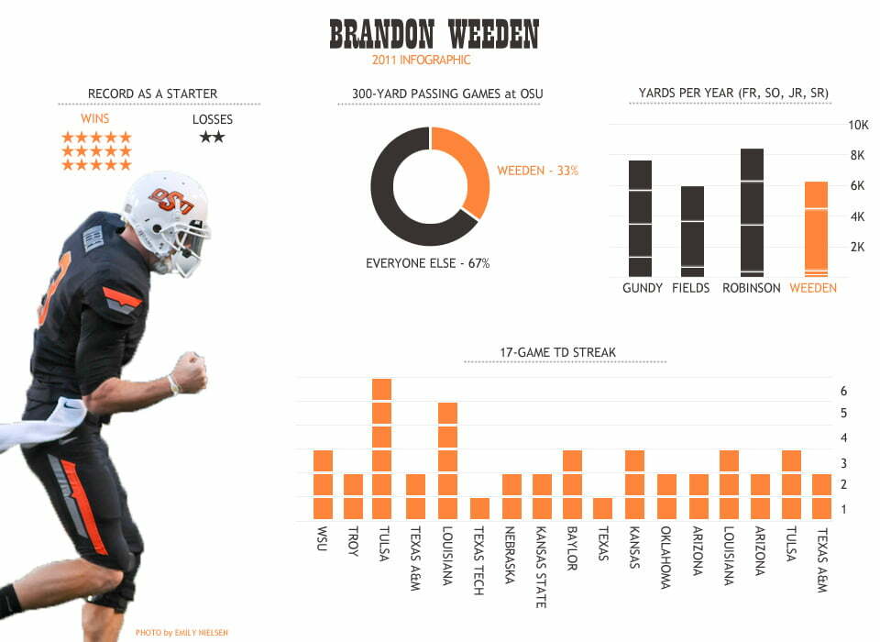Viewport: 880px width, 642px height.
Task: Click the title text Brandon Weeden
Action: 434,34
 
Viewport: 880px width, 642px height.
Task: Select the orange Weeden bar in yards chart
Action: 816,229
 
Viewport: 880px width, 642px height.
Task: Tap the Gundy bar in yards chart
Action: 640,218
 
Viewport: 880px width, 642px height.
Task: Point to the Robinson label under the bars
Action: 751,288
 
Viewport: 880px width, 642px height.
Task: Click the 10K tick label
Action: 858,126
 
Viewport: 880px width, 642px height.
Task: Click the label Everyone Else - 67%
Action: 428,263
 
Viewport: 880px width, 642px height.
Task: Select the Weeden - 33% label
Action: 538,171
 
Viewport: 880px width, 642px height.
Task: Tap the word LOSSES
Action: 212,119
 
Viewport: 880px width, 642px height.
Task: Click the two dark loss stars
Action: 212,137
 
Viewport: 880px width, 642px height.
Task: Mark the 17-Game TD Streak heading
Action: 558,353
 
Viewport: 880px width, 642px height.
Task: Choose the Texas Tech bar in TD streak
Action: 479,508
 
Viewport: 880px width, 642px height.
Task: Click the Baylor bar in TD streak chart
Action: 572,484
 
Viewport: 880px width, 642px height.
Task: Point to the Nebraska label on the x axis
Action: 510,555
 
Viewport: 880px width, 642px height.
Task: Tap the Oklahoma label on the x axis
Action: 665,558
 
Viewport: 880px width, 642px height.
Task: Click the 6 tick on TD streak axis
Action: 843,391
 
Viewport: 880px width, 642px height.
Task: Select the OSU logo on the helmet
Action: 170,201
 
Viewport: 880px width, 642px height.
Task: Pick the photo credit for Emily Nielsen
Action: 181,633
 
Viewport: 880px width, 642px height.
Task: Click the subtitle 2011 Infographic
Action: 421,61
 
